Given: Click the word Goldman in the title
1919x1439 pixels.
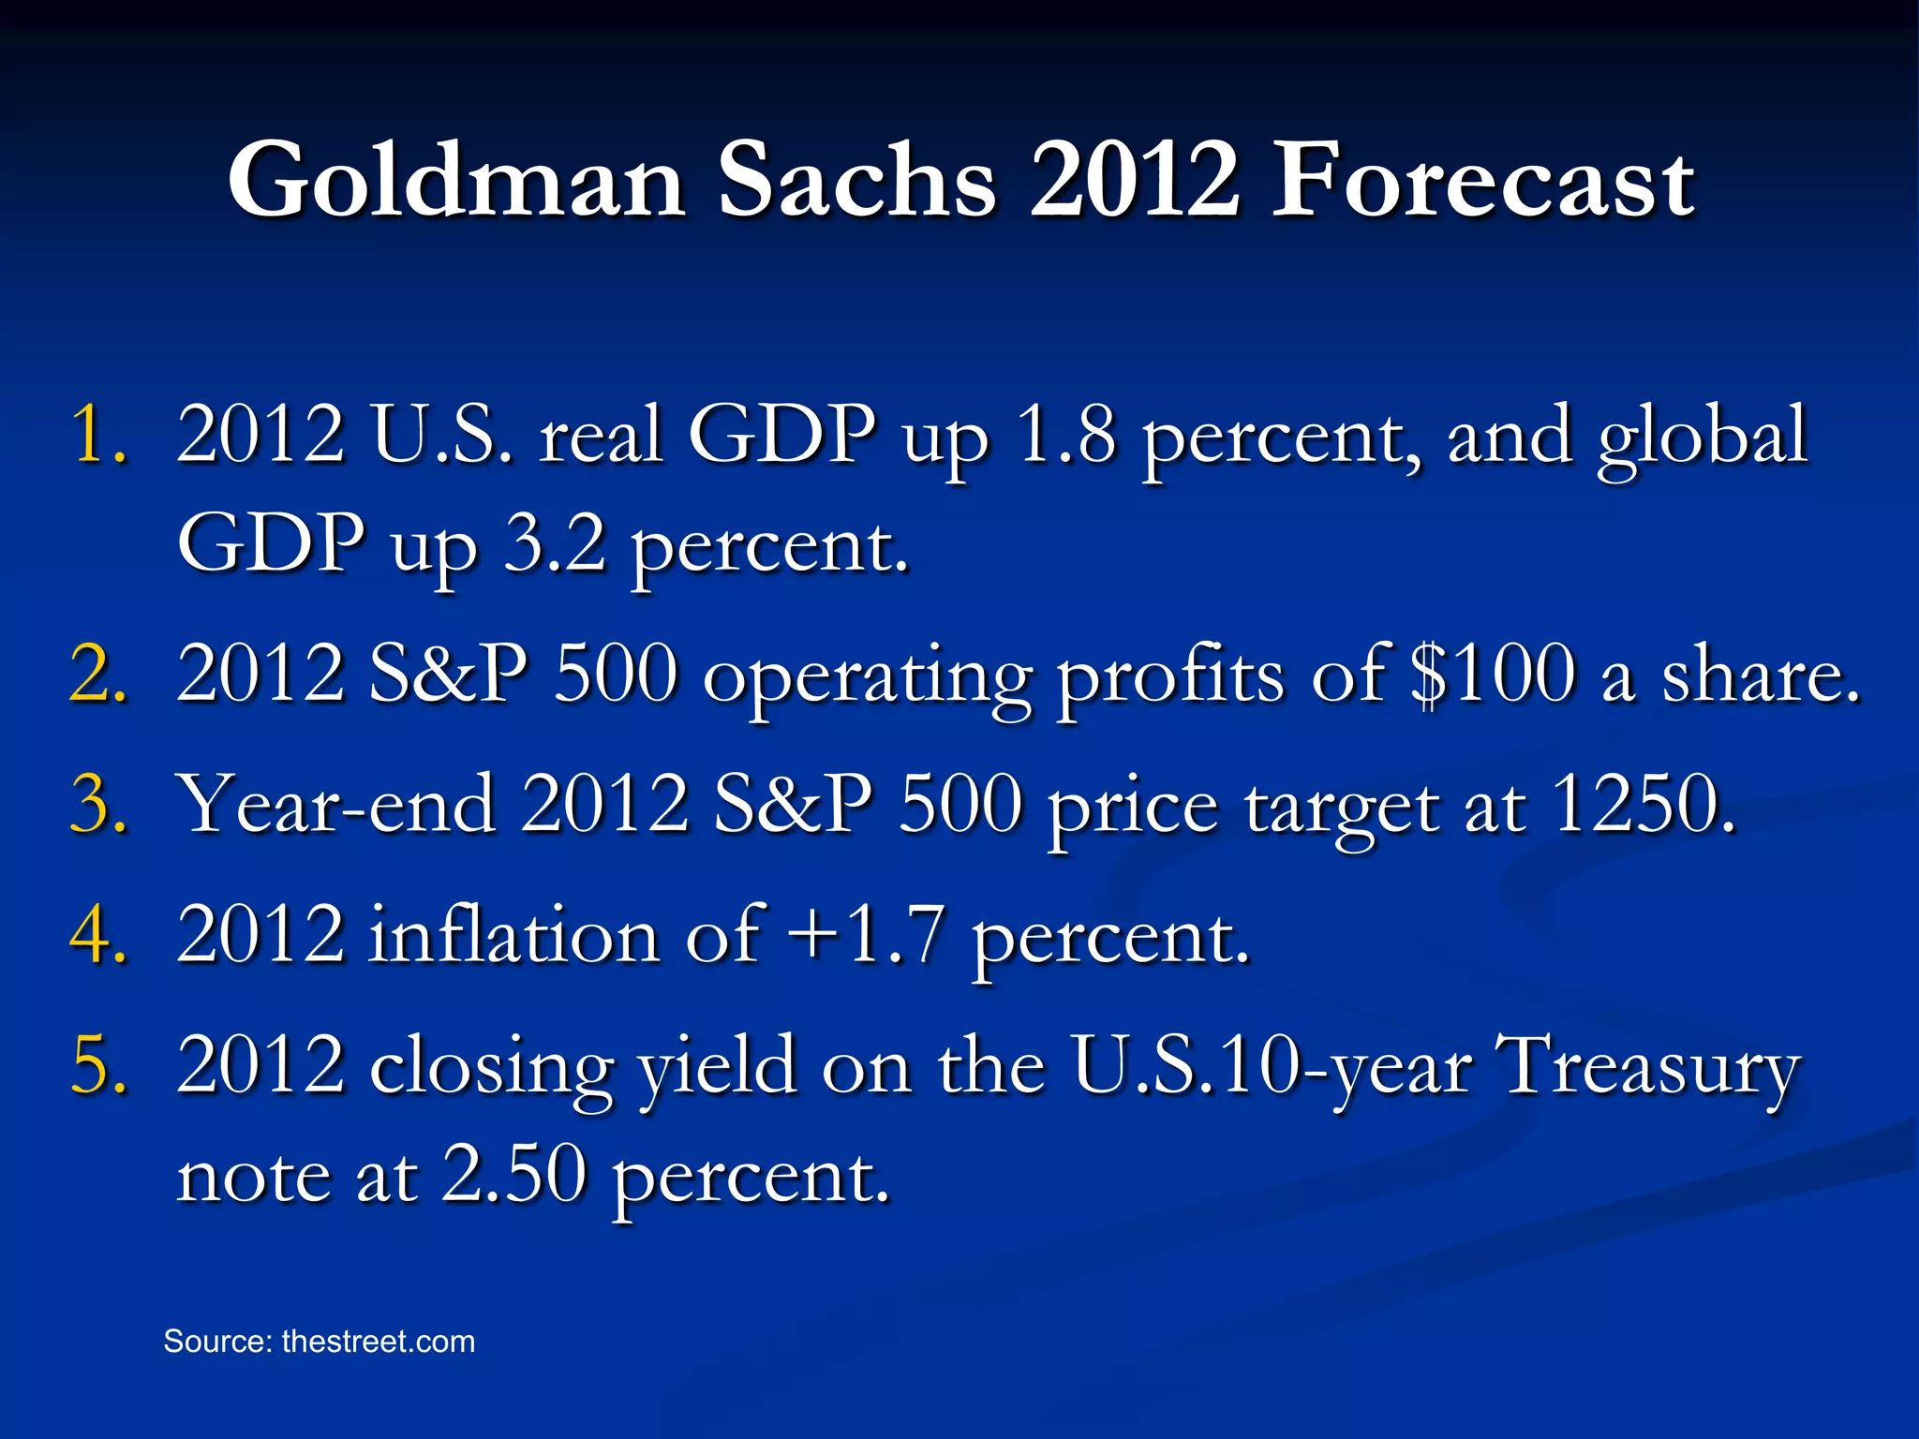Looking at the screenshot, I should coord(456,180).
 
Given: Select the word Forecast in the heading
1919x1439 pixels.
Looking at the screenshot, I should coord(1481,180).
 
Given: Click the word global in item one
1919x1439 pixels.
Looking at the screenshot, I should coord(1702,436).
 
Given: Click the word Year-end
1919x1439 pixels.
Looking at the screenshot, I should coord(336,804).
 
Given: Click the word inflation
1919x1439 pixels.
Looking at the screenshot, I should coord(513,934).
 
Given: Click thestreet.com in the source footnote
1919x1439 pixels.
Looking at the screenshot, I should coord(378,1342).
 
